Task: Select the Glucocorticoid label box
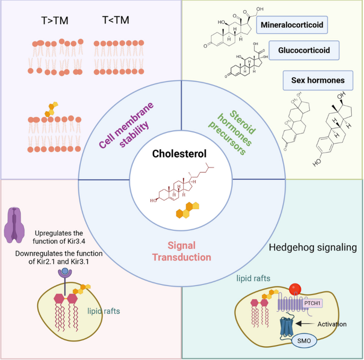[x=304, y=51]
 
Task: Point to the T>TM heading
[x=55, y=22]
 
